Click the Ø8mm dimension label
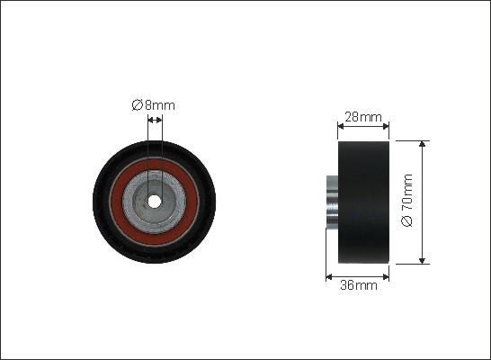point(153,105)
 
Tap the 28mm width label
point(363,117)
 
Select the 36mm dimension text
point(359,285)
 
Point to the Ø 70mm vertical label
point(407,200)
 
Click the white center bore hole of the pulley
point(154,202)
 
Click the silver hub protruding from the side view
point(332,201)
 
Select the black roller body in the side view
point(363,202)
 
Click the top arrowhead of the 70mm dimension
point(422,144)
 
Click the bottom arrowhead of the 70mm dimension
point(422,260)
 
